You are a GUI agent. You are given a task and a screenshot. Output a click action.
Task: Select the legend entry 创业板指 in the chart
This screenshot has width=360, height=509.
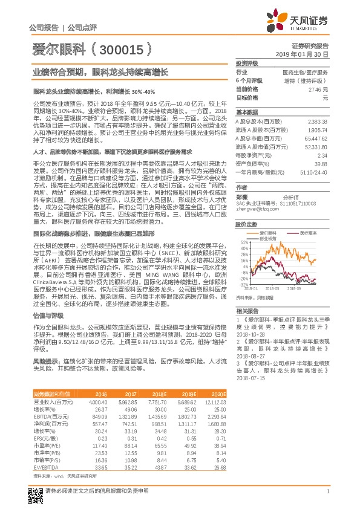[269, 238]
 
